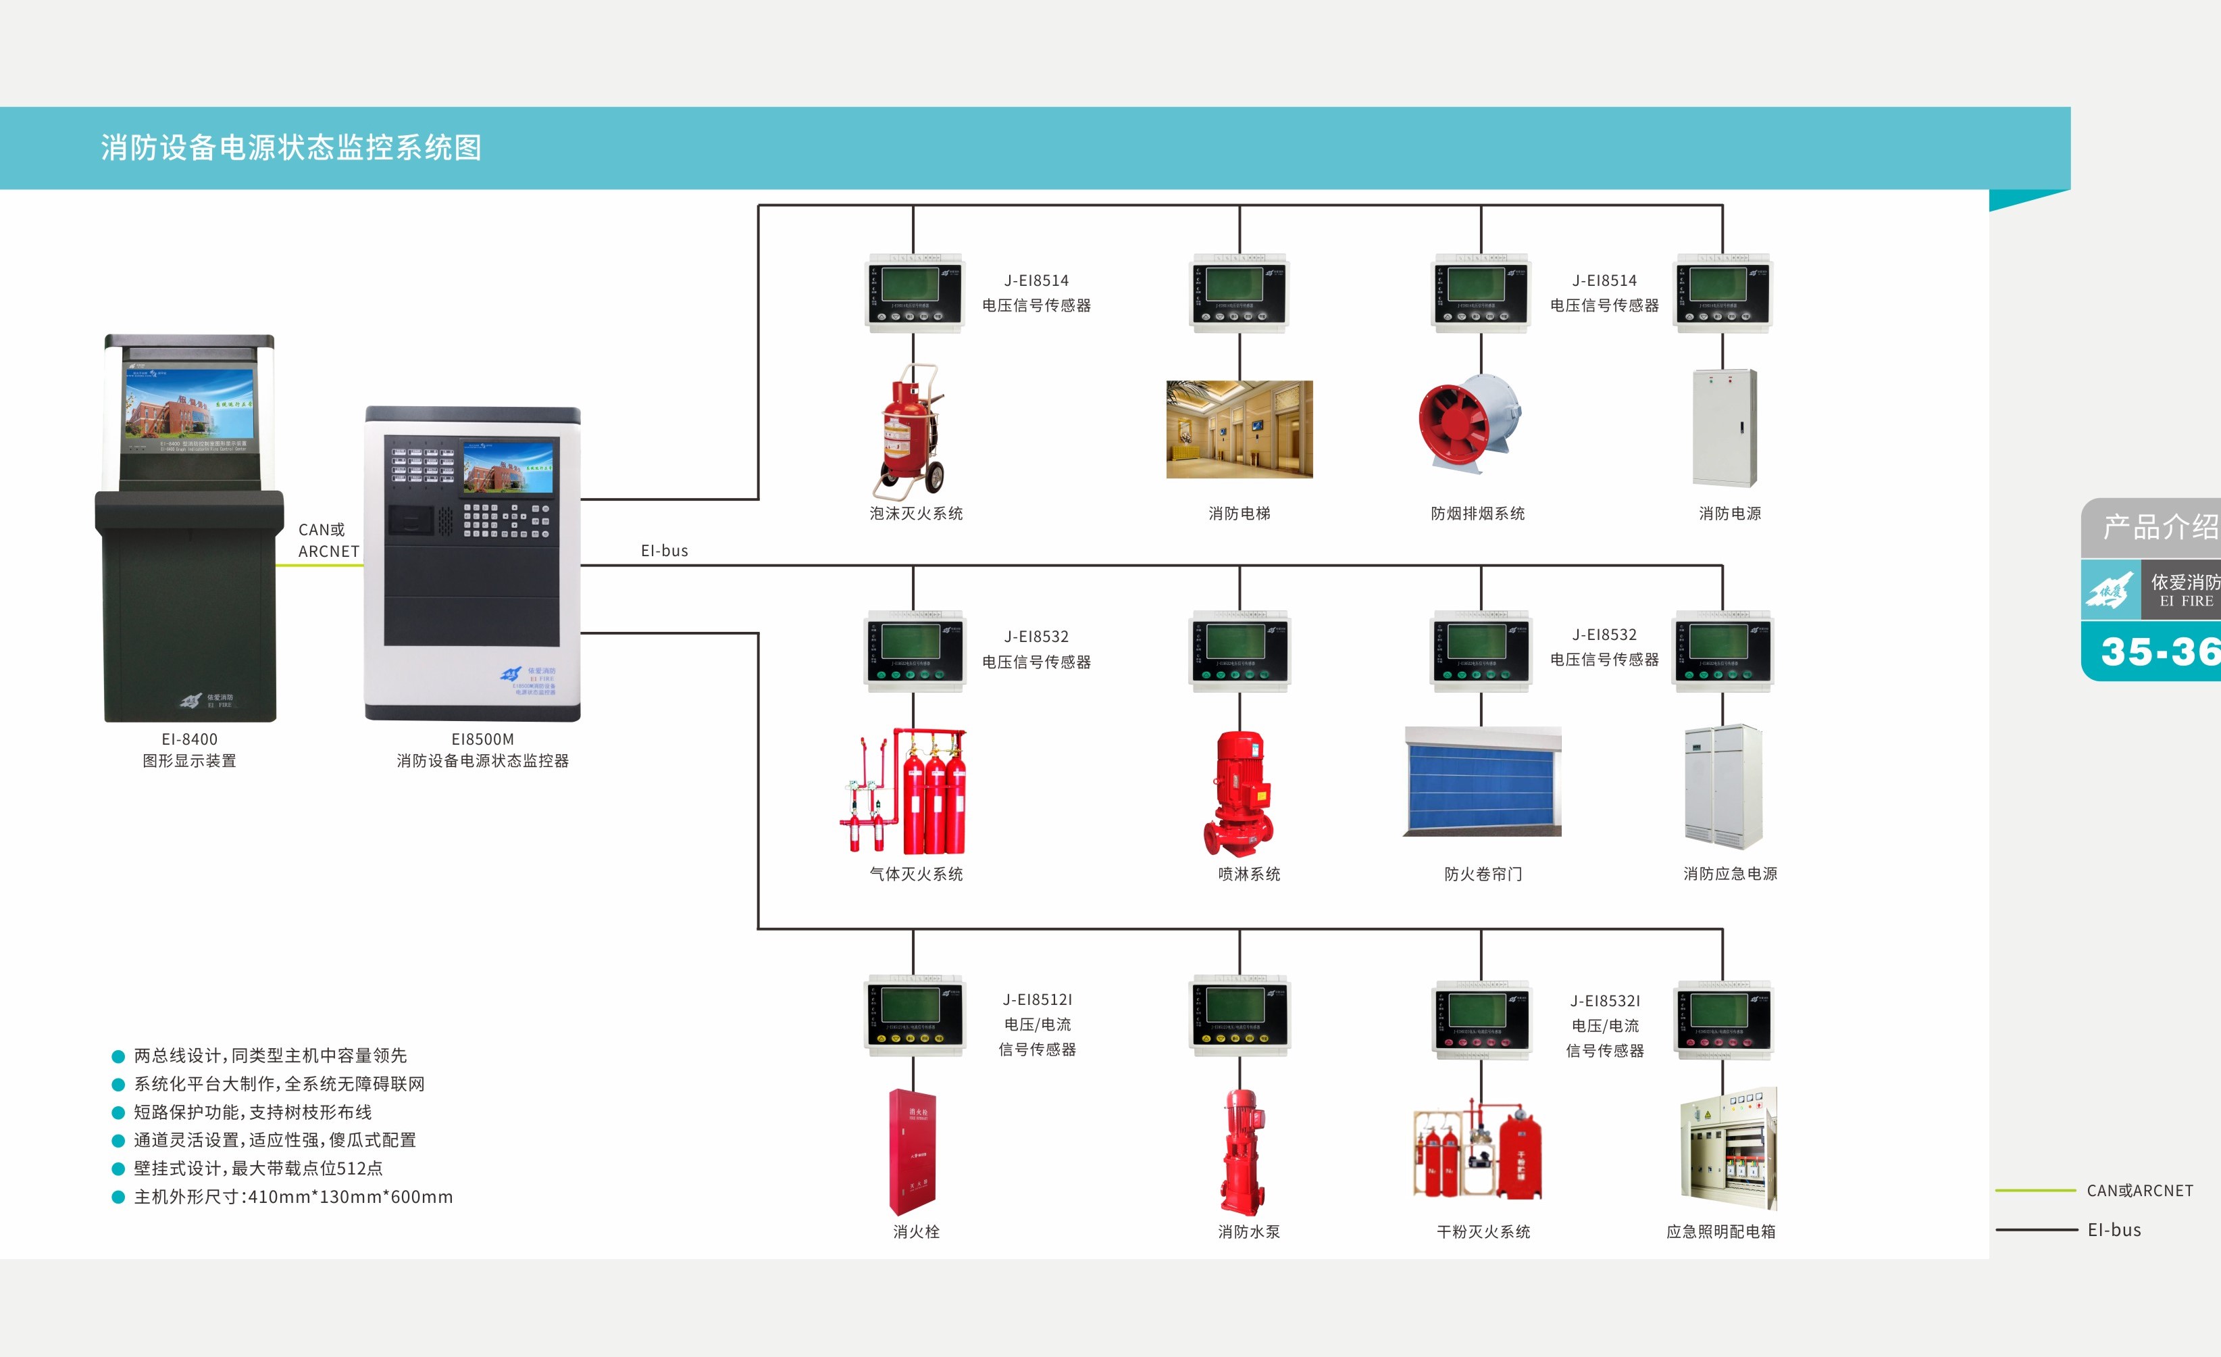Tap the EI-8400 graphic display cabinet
tap(189, 528)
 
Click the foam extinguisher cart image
tap(911, 431)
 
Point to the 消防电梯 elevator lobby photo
tap(1240, 429)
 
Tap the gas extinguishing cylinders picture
tap(906, 791)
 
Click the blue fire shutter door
tap(1482, 781)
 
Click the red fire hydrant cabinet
tap(913, 1152)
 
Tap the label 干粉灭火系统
tap(1483, 1232)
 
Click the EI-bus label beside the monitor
tap(664, 551)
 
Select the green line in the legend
tap(2035, 1190)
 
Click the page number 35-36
tap(2160, 651)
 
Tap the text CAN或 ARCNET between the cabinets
tap(328, 540)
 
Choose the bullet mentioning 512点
tap(258, 1168)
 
